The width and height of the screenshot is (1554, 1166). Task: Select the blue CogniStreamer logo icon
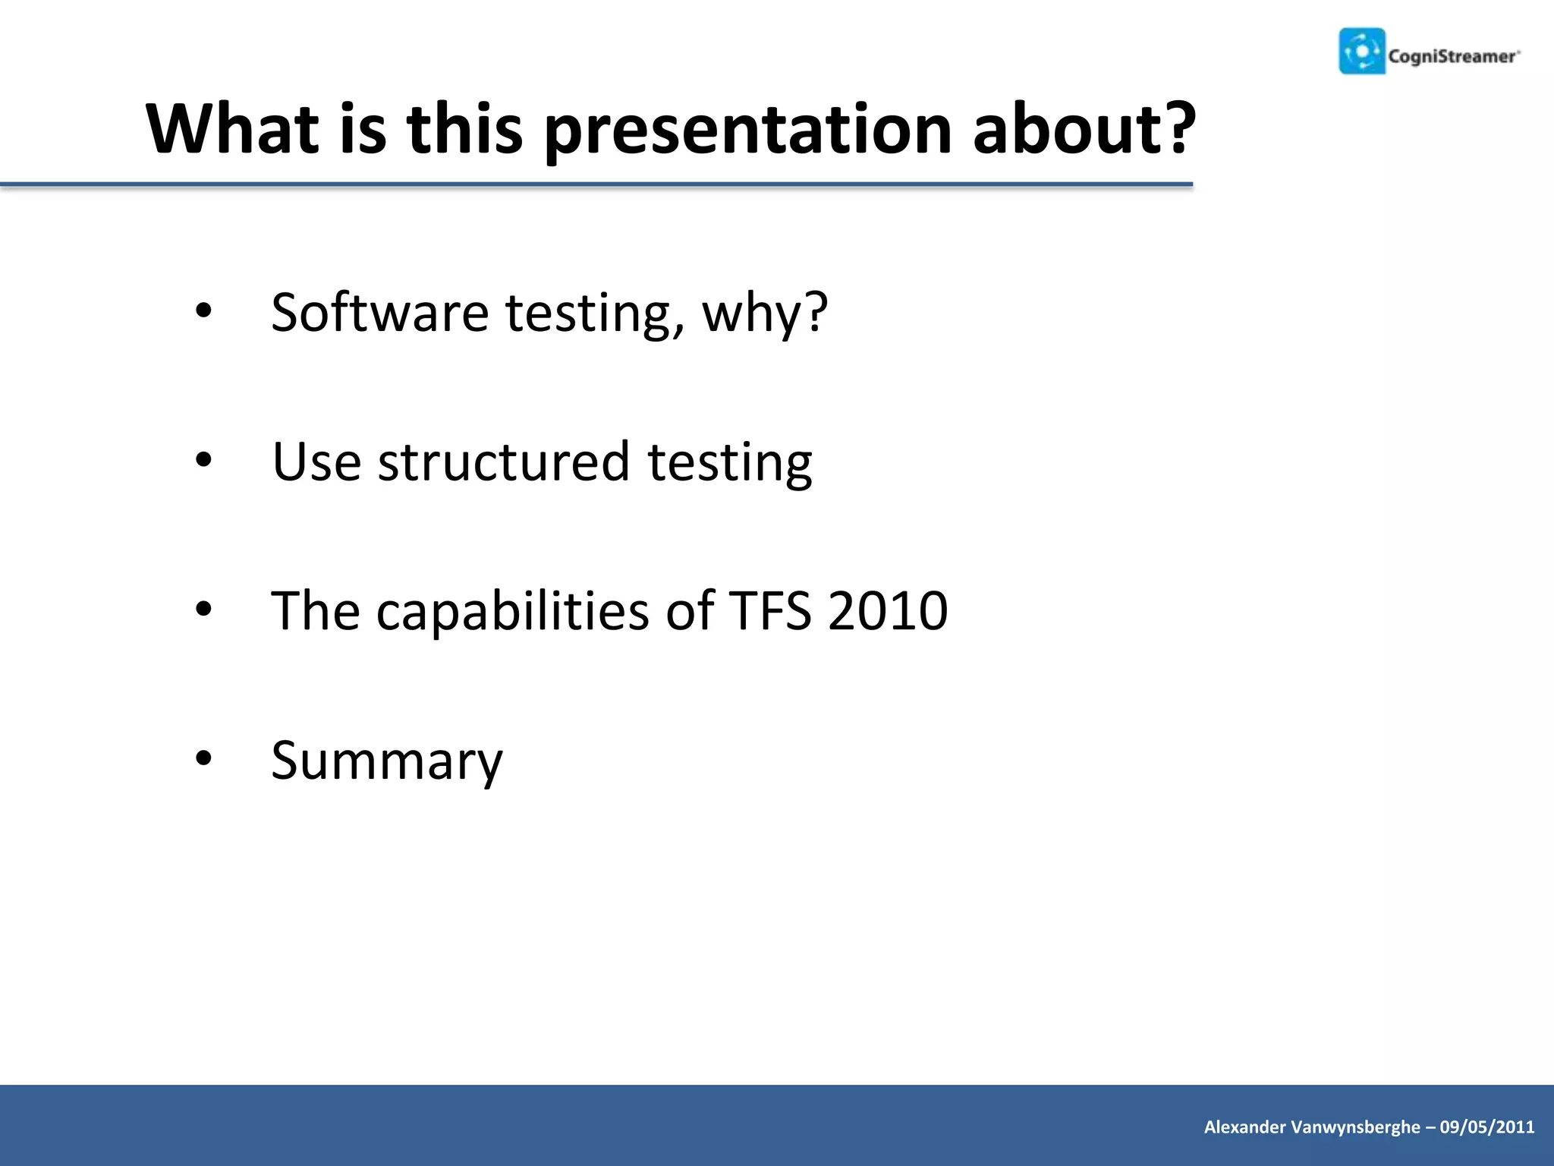(x=1362, y=52)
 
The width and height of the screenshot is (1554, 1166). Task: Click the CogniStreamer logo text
(x=1452, y=56)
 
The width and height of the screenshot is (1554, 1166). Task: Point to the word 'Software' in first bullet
(x=379, y=312)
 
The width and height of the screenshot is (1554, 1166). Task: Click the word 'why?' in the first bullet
(x=765, y=314)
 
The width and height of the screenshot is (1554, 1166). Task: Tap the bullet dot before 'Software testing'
(x=203, y=310)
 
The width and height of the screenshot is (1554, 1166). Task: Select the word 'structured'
(x=504, y=462)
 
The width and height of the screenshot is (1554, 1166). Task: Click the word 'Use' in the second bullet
(x=316, y=462)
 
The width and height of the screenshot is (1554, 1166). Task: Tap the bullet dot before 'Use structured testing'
(x=203, y=459)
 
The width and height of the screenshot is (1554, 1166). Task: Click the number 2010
(x=888, y=610)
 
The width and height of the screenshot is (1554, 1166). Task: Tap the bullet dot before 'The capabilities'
(x=203, y=609)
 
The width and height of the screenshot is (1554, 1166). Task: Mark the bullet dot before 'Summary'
(x=203, y=758)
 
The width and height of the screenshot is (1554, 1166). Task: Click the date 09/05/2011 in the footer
(x=1487, y=1127)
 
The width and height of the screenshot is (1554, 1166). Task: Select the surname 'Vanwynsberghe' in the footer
(x=1355, y=1127)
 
